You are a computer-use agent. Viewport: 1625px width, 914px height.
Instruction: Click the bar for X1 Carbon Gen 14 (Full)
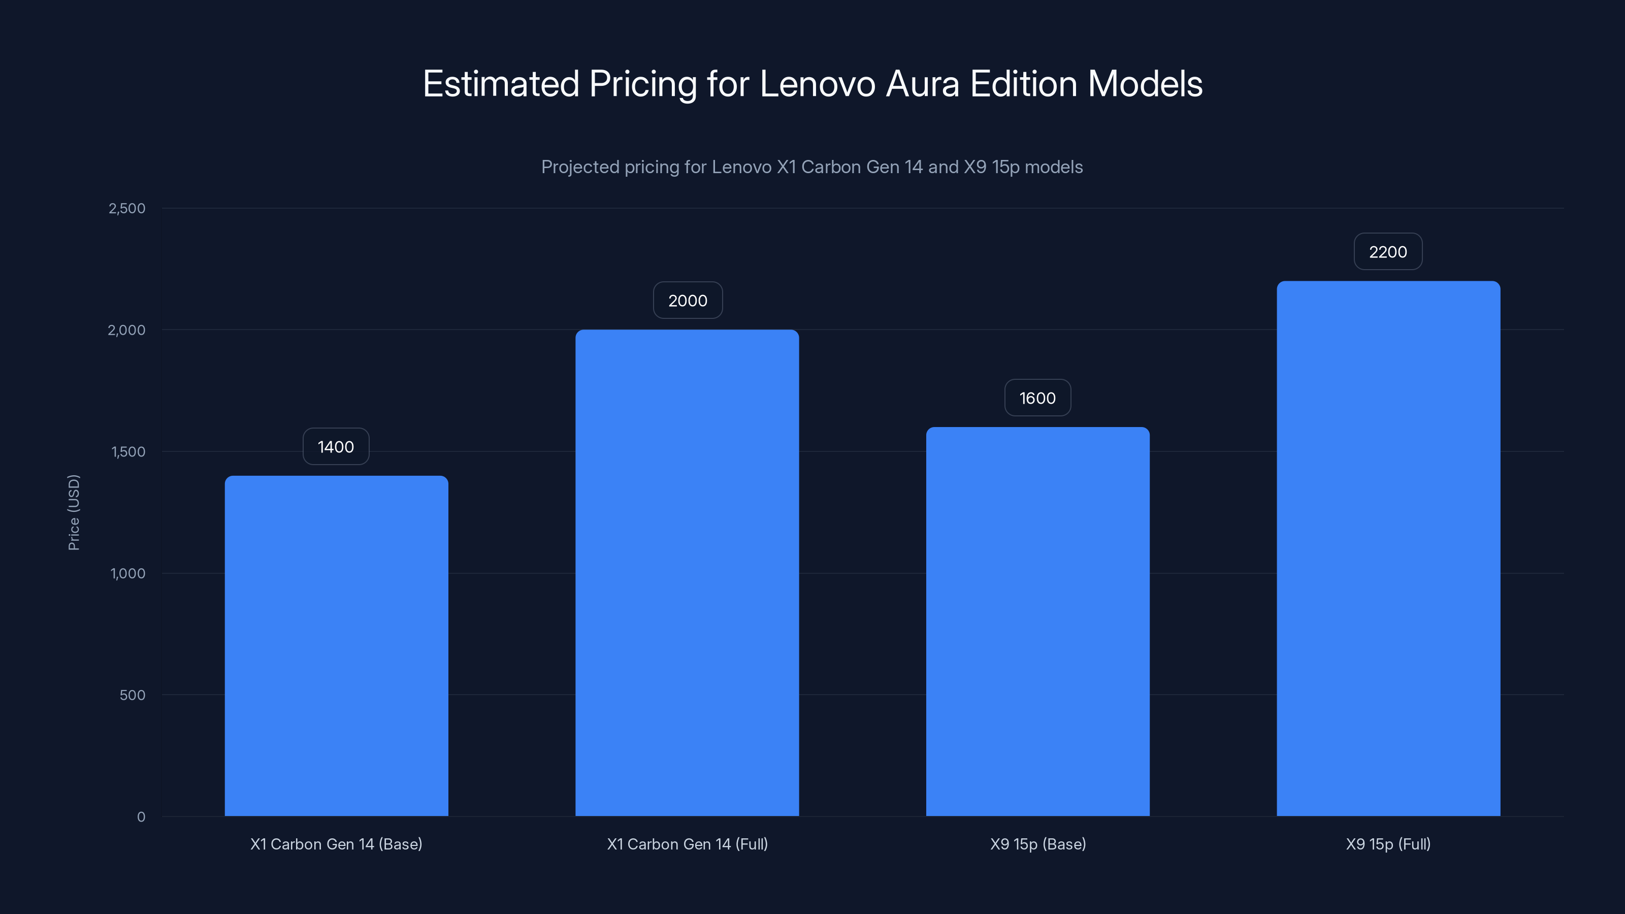pos(687,572)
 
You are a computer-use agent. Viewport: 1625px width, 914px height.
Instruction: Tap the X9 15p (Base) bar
pos(1037,622)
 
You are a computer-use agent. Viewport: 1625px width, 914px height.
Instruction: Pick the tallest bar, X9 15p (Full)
pos(1388,548)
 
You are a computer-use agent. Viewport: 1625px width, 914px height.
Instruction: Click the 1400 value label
pos(336,447)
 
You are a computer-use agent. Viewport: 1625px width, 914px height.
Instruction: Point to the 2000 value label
pos(688,300)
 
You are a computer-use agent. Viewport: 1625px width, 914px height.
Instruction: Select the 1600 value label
pos(1037,398)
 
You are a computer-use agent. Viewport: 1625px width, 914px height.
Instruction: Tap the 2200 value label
pos(1388,252)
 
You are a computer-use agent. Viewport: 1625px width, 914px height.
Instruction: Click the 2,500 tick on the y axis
pos(127,208)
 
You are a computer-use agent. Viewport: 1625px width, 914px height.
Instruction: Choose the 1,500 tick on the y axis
pos(128,451)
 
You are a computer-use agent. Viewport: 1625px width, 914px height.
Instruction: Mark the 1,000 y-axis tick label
pos(127,573)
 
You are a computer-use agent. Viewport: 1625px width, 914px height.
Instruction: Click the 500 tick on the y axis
pos(133,695)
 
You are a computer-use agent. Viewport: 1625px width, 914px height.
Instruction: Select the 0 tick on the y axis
pos(141,817)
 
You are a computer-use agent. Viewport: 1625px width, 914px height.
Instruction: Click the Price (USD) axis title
pos(74,512)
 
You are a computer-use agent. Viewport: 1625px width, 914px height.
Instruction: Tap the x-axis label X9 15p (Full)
pos(1388,844)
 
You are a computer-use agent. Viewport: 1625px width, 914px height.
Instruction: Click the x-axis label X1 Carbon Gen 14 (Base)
pos(336,844)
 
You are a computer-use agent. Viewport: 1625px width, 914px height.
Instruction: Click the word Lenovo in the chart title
pos(818,84)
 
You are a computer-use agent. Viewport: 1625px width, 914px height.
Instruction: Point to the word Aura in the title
pos(922,84)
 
